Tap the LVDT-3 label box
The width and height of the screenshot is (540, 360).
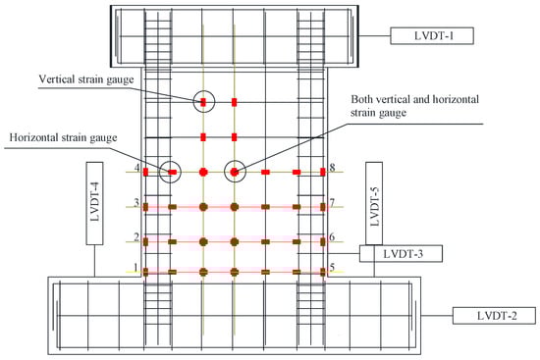point(402,254)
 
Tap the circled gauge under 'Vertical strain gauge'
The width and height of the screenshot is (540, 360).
point(203,101)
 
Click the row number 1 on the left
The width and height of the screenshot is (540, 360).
point(135,267)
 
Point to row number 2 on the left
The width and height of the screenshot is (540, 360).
point(135,236)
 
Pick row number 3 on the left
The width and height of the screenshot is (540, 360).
point(135,203)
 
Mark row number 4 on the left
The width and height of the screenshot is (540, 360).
point(135,169)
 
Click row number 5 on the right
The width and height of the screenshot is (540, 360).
point(333,267)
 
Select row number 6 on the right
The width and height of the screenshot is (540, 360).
point(333,236)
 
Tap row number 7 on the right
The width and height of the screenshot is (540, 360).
point(333,203)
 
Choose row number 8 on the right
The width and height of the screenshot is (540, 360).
point(333,169)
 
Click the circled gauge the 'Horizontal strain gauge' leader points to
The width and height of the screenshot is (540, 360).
point(170,172)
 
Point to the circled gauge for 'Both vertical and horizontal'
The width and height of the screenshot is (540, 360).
point(235,172)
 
